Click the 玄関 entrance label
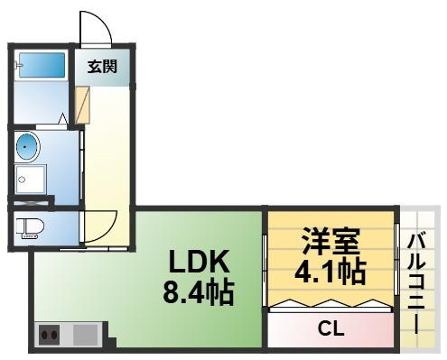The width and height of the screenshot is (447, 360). (102, 67)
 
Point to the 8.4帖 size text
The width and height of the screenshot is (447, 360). (199, 291)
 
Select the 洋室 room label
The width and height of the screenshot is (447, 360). (331, 241)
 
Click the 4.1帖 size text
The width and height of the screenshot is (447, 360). (331, 272)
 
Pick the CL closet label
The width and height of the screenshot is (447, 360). (331, 328)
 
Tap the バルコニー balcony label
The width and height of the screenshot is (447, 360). (416, 284)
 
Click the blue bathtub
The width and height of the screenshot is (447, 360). (42, 65)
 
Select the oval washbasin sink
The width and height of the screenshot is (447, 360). (27, 147)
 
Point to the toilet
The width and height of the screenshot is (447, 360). (30, 228)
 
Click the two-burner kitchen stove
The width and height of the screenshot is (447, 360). (49, 335)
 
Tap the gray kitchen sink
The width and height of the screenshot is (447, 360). (86, 335)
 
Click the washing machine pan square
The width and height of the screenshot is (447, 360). (31, 180)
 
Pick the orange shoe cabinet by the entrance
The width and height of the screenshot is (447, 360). (82, 105)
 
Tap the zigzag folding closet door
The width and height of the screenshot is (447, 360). (331, 303)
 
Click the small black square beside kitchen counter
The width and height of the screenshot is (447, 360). (112, 342)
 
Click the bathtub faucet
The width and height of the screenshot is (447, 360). (18, 65)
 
